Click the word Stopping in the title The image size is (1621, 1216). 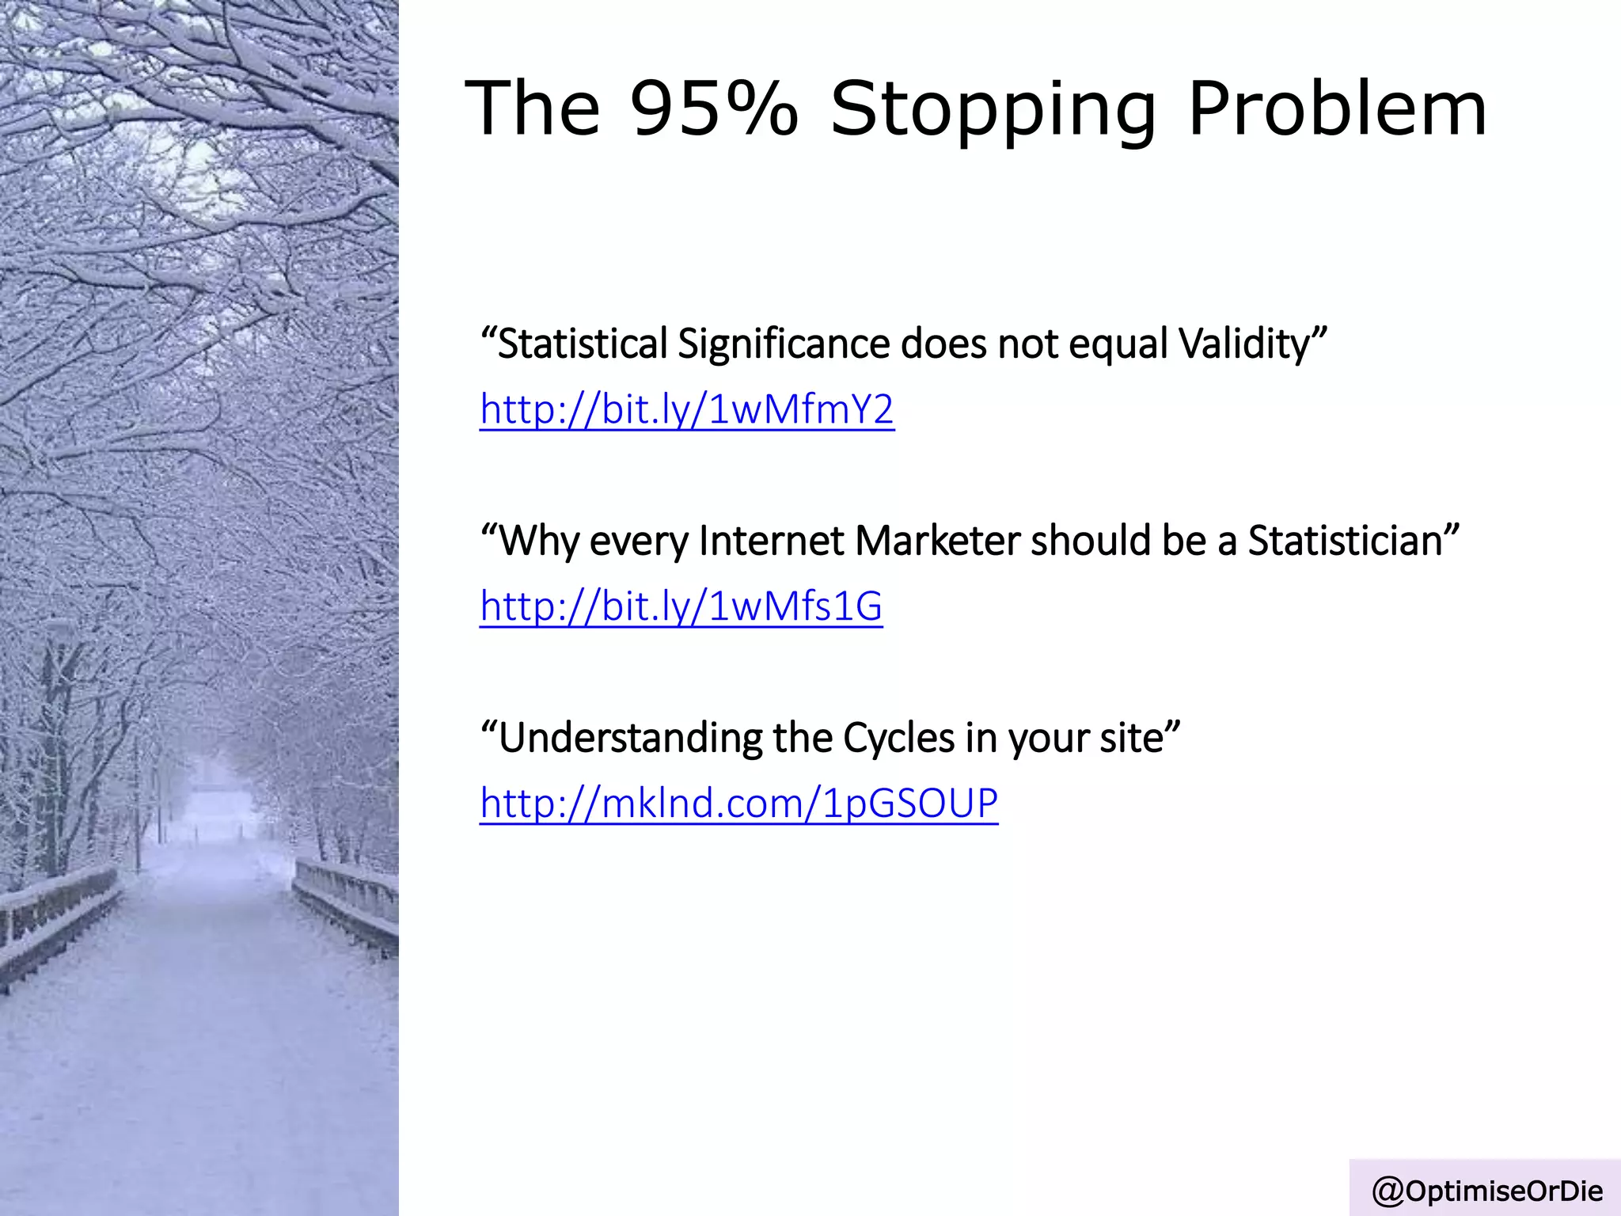coord(993,111)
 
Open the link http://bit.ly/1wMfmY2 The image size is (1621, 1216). coord(686,410)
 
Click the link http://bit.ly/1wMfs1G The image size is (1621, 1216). coord(681,607)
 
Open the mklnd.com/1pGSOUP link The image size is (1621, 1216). coord(738,804)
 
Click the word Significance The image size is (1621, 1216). coord(784,345)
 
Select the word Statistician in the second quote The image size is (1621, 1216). coord(1346,541)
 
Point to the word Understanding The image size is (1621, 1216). coord(629,739)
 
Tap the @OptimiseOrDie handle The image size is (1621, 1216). coord(1487,1190)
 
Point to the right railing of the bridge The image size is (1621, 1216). coord(345,899)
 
